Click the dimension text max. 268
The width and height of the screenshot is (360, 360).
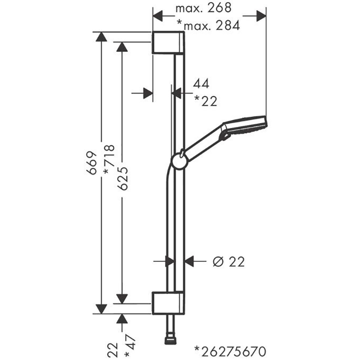(203, 8)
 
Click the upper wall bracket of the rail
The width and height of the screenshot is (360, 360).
(167, 43)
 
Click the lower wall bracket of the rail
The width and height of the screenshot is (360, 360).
(167, 303)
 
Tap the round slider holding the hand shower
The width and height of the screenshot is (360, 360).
(179, 161)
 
